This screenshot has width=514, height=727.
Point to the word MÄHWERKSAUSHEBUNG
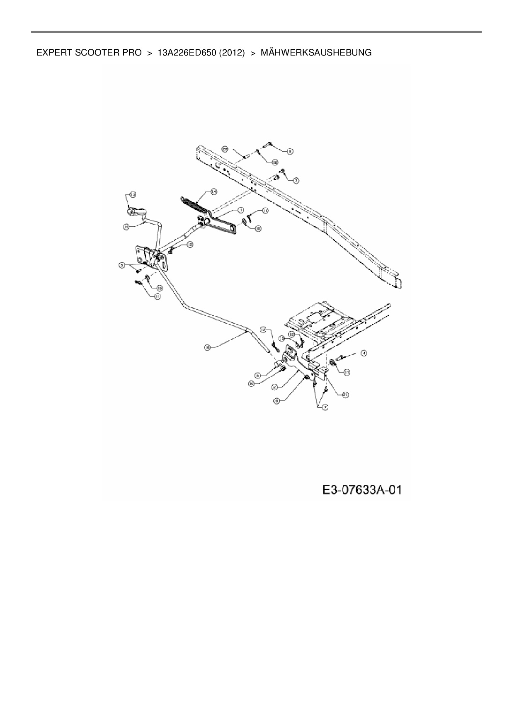316,53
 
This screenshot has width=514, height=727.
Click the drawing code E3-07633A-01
362,490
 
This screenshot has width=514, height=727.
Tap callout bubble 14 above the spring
213,191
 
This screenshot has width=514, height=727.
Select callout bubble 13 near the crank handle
133,194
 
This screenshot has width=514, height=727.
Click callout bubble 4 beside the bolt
363,353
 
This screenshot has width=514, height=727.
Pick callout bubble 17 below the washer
347,373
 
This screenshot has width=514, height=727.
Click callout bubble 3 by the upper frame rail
296,180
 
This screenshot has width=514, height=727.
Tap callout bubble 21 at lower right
345,395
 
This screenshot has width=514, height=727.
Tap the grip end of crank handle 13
131,211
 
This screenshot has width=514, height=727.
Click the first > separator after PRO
150,53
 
